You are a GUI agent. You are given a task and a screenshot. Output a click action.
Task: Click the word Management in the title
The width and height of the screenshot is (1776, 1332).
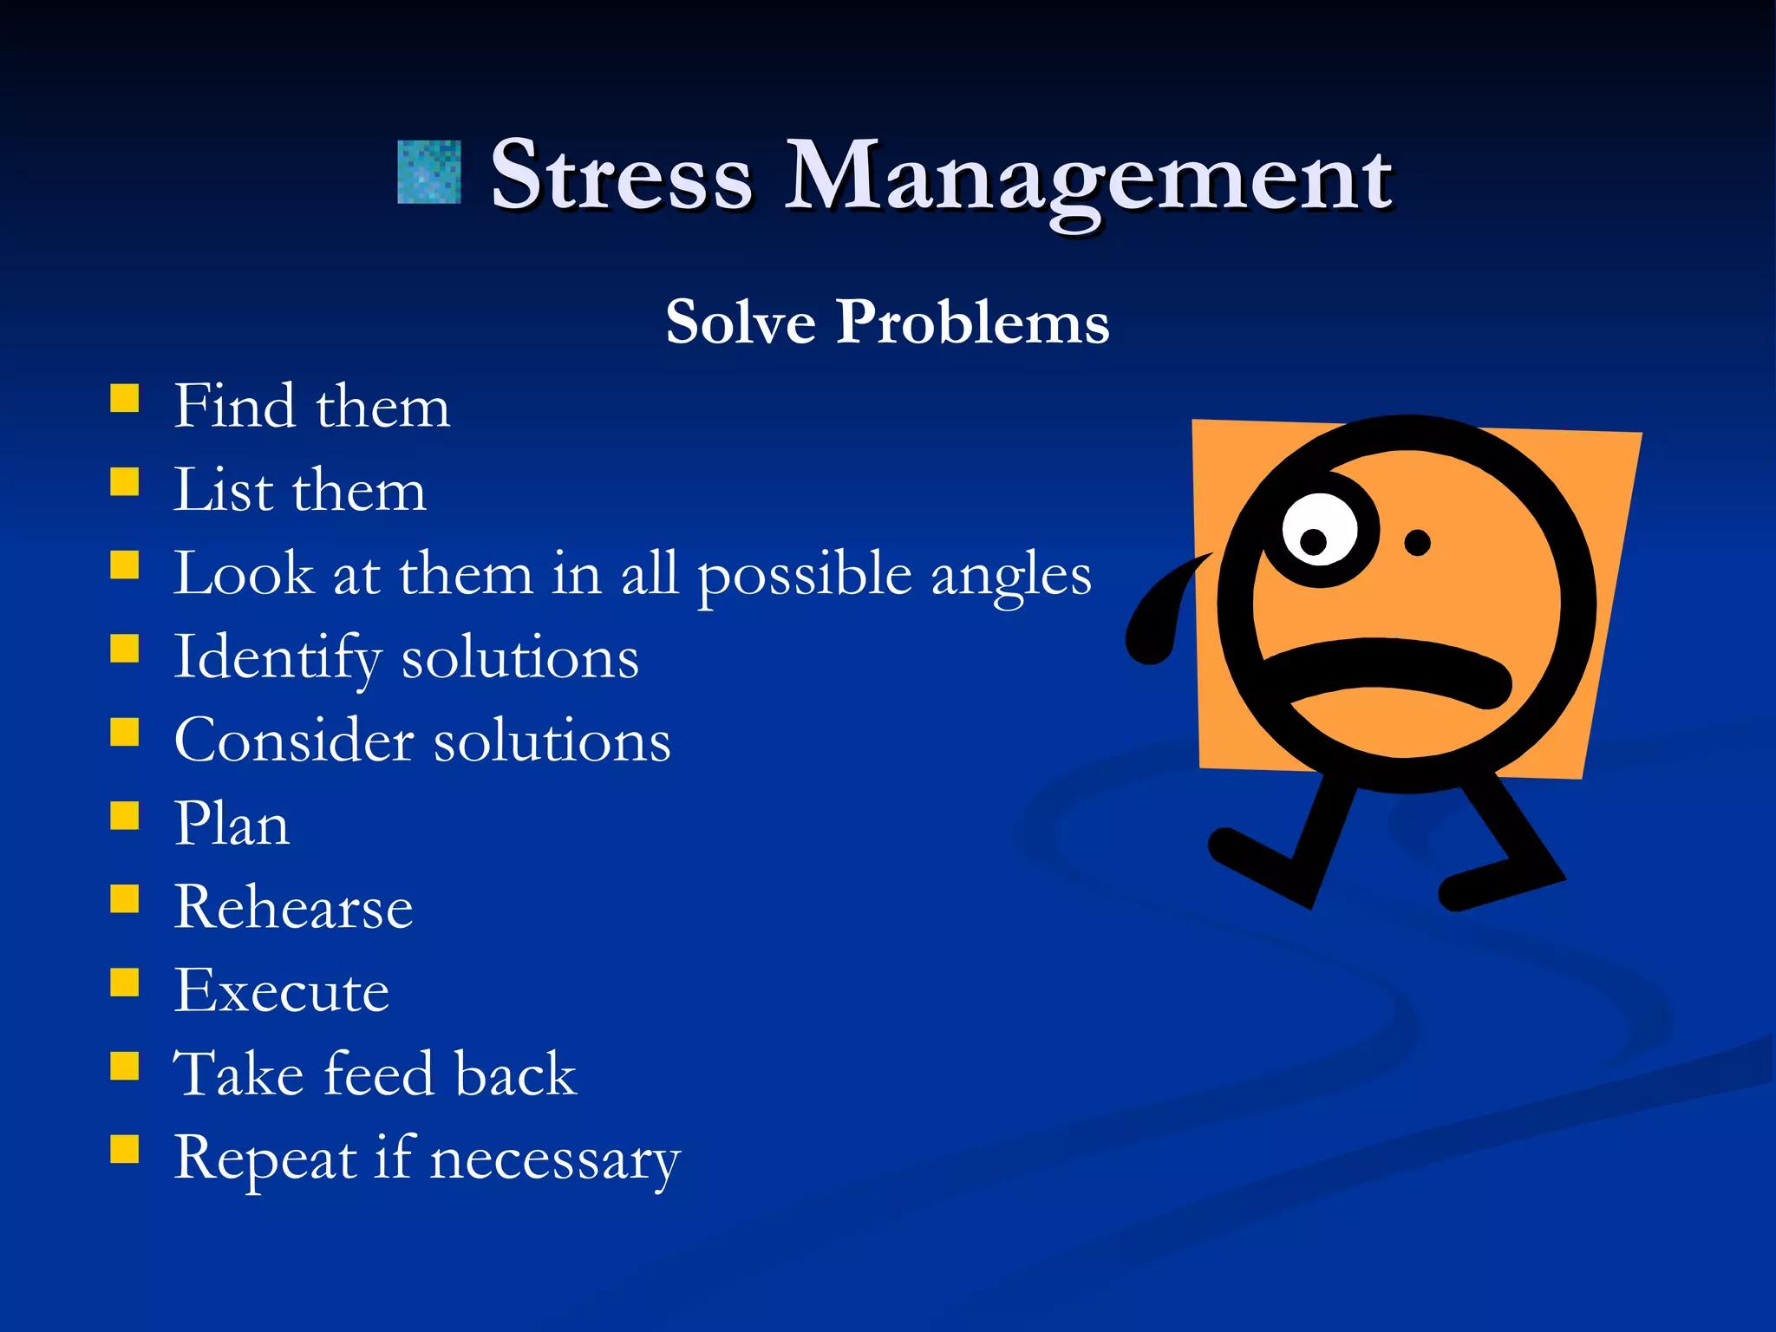point(1088,178)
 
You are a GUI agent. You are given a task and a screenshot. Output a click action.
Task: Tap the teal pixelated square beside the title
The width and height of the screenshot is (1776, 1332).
point(428,173)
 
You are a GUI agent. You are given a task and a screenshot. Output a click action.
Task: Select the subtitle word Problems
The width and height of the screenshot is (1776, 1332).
point(972,323)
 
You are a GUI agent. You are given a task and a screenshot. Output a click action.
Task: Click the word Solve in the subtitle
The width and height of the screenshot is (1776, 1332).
point(741,323)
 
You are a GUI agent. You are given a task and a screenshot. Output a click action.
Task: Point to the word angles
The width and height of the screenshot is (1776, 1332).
point(1010,576)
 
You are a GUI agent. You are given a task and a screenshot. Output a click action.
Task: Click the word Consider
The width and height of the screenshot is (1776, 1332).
point(294,741)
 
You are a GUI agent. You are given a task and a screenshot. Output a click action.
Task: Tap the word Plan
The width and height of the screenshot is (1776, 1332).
point(232,824)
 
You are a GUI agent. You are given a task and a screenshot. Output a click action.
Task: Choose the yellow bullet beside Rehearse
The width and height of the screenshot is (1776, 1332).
point(125,899)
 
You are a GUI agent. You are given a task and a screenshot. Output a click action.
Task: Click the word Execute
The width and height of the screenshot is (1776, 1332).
point(281,990)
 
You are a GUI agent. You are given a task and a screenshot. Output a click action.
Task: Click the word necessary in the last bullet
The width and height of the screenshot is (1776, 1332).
point(555,1159)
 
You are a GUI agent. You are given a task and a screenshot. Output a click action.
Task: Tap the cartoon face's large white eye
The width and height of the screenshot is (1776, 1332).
point(1320,531)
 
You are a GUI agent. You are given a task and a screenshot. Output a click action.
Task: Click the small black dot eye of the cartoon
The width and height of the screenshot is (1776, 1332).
point(1417,544)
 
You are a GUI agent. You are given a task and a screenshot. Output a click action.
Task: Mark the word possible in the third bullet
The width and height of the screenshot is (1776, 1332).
point(804,576)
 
